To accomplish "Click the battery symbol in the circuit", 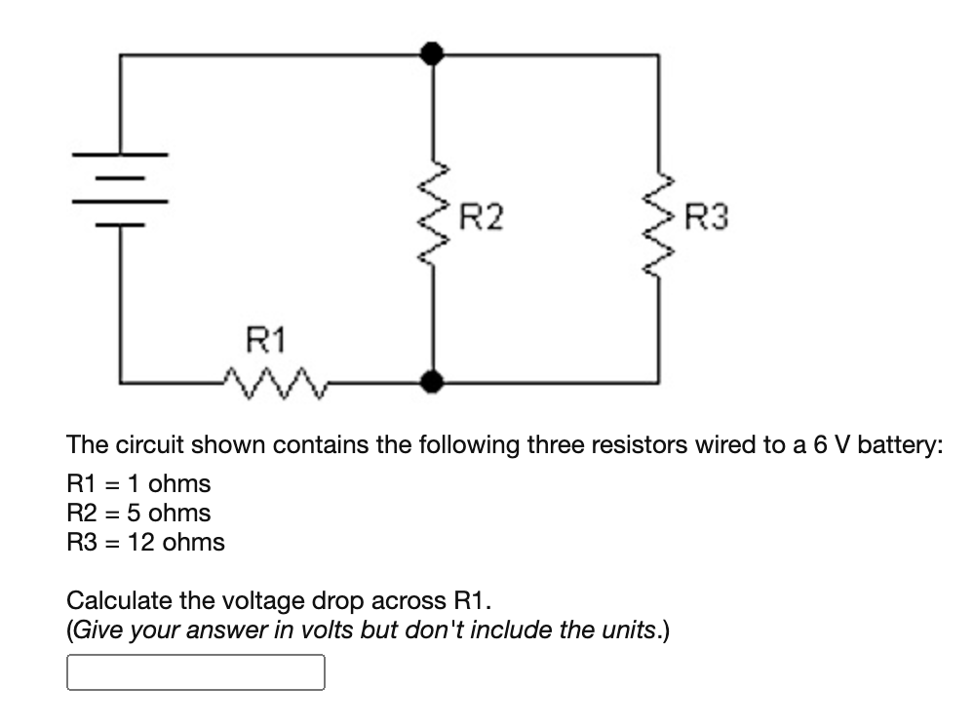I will [x=120, y=189].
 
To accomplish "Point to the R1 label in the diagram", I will [x=264, y=340].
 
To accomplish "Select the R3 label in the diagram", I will [x=707, y=216].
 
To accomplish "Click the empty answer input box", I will [x=195, y=672].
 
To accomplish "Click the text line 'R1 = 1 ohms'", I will [x=137, y=483].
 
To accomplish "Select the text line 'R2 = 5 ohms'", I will [x=137, y=513].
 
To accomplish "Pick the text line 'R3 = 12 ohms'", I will [x=145, y=542].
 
